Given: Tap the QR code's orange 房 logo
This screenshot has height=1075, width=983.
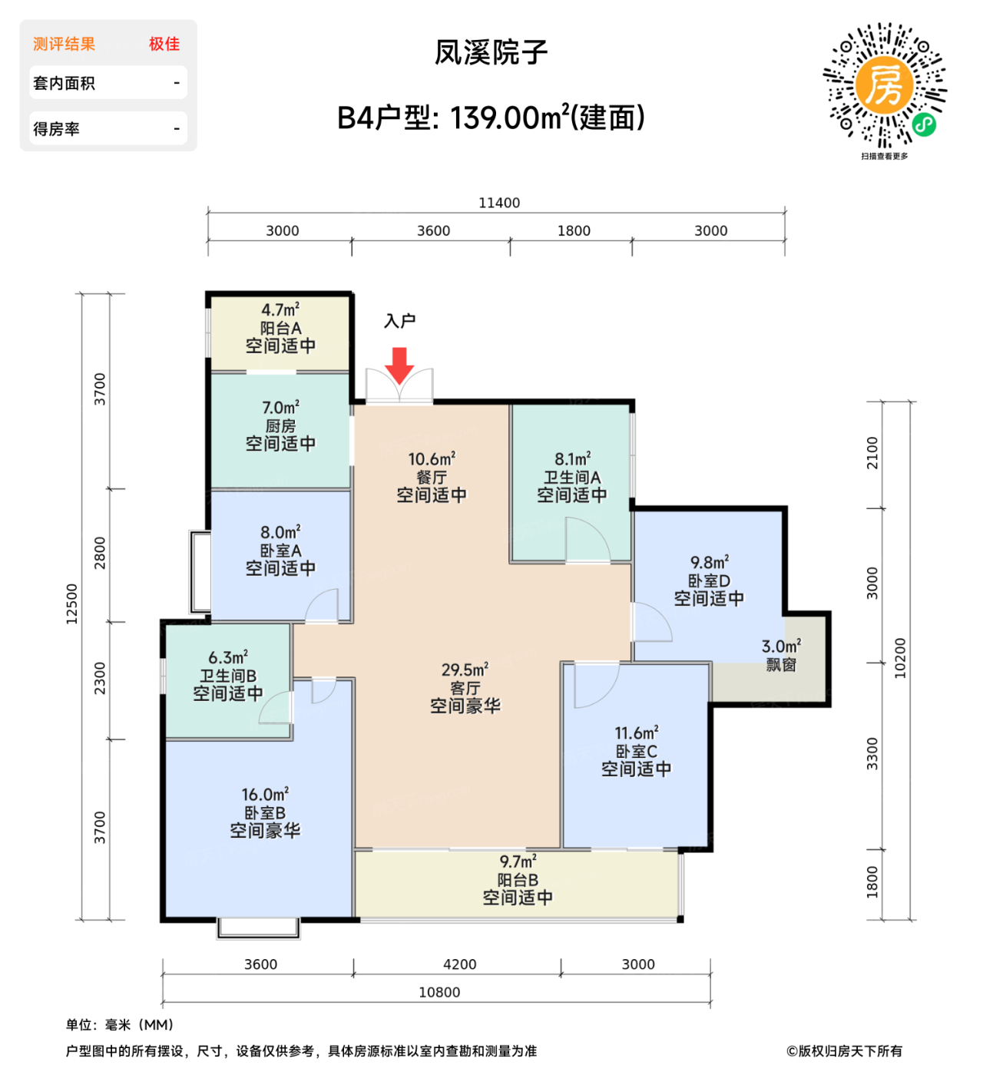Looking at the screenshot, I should [884, 85].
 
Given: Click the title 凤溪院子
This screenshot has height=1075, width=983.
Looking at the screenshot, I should [491, 52].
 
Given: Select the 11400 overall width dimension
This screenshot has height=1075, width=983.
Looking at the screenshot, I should [499, 203].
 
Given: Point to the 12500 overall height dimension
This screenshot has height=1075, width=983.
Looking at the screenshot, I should [72, 604].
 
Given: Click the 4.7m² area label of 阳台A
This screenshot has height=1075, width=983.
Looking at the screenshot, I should [280, 310].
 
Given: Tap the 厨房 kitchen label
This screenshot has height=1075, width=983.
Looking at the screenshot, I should [280, 425].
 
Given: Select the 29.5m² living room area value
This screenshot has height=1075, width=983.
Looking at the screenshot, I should [465, 670].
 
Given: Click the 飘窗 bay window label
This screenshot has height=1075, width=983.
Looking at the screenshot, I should [781, 665].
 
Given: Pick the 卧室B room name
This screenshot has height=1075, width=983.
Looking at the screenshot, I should [265, 812].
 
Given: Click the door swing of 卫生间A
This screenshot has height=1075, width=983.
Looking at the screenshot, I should [587, 541].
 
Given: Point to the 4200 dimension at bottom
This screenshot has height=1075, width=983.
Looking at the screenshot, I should [459, 964].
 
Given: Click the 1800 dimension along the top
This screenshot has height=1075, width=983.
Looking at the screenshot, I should [574, 230].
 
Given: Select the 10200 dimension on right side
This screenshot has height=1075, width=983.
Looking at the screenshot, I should [900, 658].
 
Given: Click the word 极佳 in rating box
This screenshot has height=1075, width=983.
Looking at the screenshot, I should [164, 45].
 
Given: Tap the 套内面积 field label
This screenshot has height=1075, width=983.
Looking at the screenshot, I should [64, 83].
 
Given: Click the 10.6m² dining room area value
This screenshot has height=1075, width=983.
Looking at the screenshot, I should [432, 459].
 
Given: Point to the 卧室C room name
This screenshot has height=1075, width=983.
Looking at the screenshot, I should [636, 751].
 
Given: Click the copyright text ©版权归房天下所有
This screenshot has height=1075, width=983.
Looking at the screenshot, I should [844, 1050].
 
